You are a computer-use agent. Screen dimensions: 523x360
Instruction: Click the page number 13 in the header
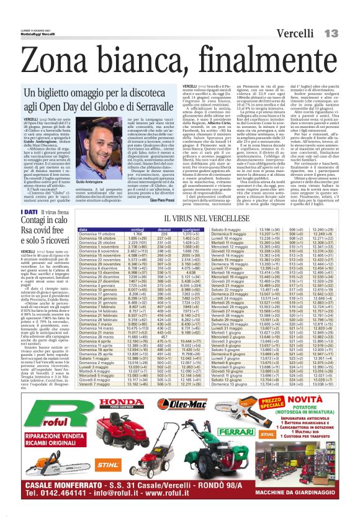tap(330, 32)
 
